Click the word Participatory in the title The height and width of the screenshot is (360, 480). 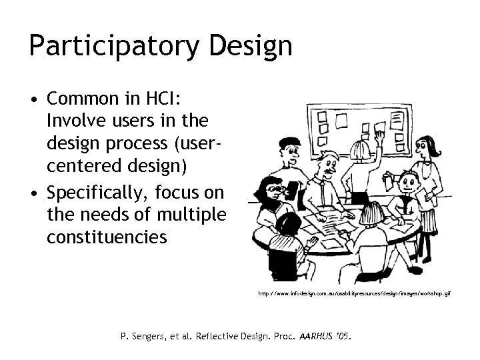[109, 47]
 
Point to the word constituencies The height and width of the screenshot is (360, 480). [107, 237]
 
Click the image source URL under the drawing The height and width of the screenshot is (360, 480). [359, 293]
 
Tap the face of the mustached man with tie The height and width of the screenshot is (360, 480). [329, 163]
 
